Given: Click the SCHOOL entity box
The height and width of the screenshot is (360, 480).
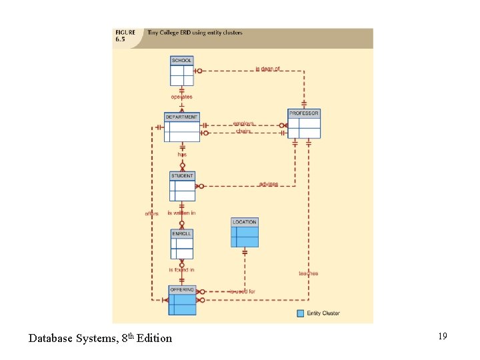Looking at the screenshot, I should [182, 71].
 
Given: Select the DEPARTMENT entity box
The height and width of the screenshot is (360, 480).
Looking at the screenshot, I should [182, 127].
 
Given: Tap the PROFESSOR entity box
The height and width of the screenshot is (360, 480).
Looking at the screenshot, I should [304, 124].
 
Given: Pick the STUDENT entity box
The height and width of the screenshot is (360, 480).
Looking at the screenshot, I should [182, 187].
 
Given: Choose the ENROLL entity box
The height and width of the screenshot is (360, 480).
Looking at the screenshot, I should [182, 244].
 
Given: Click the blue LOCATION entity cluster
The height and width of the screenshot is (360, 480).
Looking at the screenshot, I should [245, 233].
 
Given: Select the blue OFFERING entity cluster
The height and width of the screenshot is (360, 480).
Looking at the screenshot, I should [182, 301].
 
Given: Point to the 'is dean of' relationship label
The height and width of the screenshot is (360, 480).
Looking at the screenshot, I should [268, 69].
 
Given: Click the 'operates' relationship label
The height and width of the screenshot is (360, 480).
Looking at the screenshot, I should [181, 97].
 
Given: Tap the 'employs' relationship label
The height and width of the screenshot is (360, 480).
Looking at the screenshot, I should [244, 123].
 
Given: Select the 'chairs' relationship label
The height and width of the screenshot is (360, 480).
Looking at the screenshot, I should [244, 131].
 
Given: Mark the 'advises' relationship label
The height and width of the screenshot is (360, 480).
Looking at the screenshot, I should [269, 184].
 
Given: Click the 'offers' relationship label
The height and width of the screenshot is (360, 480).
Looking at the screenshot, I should [151, 213].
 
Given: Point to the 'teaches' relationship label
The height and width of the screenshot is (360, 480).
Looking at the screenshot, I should [309, 273].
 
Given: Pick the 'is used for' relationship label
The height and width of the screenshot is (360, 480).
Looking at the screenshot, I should [242, 291].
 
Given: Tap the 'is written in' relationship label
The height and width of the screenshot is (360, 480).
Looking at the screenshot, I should [181, 213].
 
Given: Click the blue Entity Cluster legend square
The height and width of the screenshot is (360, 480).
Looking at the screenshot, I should [300, 313].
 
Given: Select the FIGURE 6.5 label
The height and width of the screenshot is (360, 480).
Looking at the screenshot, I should [125, 35].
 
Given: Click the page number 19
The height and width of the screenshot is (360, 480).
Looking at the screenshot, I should [442, 336].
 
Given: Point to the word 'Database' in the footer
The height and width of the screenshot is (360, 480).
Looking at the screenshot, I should [50, 339].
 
